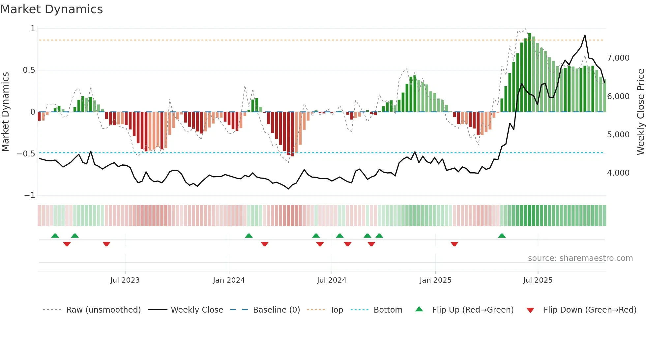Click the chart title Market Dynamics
[52, 9]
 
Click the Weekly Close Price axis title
[640, 112]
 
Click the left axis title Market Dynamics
[5, 112]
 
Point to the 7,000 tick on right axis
[618, 58]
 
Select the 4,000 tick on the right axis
[618, 173]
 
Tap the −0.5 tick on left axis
[26, 154]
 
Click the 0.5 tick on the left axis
[29, 70]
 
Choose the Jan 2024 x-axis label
[229, 280]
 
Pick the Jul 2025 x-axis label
[538, 280]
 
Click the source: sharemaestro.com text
[580, 258]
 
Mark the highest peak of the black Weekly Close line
[585, 35]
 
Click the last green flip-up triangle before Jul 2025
[502, 236]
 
